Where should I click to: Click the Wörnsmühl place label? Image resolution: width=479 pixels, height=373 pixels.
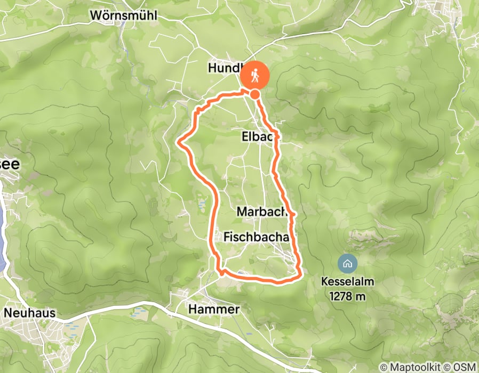pyautogui.click(x=123, y=15)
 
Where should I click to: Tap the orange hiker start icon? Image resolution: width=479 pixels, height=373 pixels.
pyautogui.click(x=255, y=76)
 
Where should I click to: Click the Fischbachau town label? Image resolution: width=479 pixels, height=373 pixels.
pyautogui.click(x=258, y=236)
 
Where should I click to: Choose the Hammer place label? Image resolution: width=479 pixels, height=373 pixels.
pyautogui.click(x=214, y=310)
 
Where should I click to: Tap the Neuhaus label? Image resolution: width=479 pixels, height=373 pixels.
pyautogui.click(x=30, y=313)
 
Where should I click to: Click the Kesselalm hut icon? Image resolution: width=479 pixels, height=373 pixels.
pyautogui.click(x=347, y=262)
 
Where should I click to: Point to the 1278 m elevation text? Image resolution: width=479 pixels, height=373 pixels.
pyautogui.click(x=347, y=296)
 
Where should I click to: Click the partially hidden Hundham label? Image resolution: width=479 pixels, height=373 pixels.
pyautogui.click(x=224, y=68)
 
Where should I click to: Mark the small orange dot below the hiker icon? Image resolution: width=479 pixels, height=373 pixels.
pyautogui.click(x=255, y=94)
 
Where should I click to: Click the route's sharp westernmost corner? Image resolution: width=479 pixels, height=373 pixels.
pyautogui.click(x=178, y=142)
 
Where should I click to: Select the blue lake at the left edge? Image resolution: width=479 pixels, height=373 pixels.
pyautogui.click(x=3, y=240)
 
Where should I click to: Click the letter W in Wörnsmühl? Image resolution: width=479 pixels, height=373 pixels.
pyautogui.click(x=94, y=15)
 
